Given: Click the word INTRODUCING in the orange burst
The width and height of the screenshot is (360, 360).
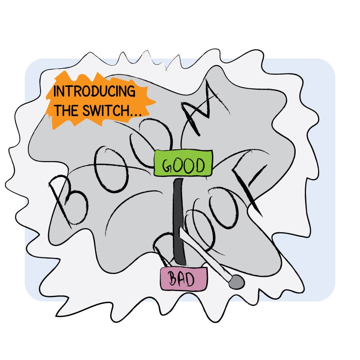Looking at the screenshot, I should coord(94,91).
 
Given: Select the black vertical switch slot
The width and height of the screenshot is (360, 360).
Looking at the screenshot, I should coord(179,220).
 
